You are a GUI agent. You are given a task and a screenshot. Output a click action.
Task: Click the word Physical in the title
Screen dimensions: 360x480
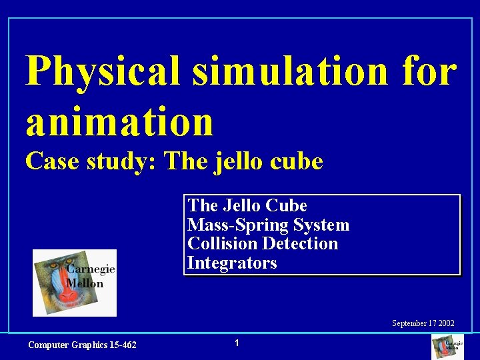click(103, 72)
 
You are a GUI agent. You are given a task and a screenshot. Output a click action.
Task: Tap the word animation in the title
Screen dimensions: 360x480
click(120, 121)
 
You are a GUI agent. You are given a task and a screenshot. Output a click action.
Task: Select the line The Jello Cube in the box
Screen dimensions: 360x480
click(247, 205)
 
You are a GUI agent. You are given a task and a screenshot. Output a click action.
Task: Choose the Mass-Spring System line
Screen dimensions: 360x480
click(268, 225)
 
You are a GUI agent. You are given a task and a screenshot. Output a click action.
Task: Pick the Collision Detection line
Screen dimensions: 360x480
click(263, 243)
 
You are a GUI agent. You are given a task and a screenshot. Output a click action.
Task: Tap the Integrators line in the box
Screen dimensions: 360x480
click(232, 263)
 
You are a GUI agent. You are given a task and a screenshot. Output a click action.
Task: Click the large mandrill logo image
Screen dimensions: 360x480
click(75, 283)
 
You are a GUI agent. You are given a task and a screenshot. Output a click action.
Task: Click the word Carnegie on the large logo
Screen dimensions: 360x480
click(91, 269)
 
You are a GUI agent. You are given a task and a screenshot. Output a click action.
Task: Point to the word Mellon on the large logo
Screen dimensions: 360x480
click(85, 283)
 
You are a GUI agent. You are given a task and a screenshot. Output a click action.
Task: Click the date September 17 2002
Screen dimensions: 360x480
click(423, 323)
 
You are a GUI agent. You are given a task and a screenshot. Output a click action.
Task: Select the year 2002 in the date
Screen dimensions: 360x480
click(446, 323)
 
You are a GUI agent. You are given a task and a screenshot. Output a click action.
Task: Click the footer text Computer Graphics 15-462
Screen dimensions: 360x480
click(82, 345)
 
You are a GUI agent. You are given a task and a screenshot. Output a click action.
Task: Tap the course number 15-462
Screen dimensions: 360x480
click(122, 345)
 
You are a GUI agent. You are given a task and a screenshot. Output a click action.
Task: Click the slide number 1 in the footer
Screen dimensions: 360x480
click(237, 343)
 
